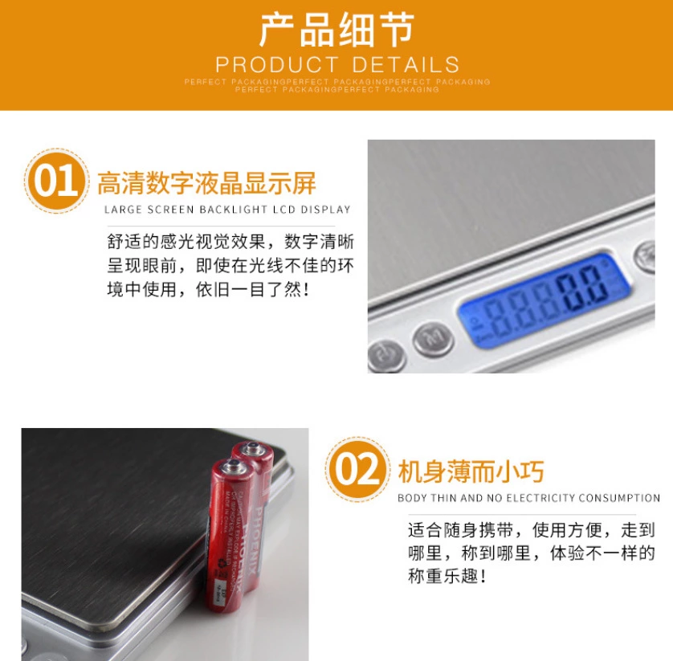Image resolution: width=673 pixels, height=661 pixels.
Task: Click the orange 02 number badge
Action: [357, 470]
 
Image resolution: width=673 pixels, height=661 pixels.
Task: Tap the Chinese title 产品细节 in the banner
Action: [336, 31]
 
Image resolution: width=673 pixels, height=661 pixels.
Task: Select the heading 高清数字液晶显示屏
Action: [206, 183]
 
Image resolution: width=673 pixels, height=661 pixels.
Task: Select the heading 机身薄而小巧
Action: [471, 471]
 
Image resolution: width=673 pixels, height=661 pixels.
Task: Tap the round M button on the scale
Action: [433, 337]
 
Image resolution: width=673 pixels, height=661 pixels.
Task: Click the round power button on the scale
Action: [384, 354]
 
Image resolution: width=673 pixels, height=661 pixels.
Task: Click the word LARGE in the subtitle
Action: [123, 210]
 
